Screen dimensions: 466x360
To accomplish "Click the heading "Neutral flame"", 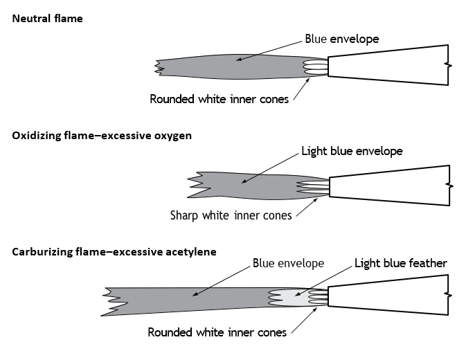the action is [x=47, y=19].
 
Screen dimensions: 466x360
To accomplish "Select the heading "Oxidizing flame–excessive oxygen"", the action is [x=102, y=136].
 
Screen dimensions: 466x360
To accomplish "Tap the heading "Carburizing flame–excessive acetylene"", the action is [x=114, y=252].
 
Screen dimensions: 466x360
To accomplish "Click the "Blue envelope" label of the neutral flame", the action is [x=342, y=39].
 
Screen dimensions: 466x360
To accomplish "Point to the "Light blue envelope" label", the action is [x=352, y=151].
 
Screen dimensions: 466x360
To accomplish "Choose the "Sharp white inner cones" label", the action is [x=231, y=215].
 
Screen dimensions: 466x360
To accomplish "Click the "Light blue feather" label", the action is [x=401, y=263].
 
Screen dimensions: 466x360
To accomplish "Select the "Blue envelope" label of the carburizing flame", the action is [x=288, y=263].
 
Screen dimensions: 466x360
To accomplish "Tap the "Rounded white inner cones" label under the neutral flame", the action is [x=219, y=99].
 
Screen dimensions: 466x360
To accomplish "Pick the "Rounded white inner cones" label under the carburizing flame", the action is [x=217, y=332].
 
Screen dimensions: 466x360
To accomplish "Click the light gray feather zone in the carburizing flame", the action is [x=294, y=298].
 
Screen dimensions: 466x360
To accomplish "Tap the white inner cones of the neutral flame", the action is [x=315, y=67].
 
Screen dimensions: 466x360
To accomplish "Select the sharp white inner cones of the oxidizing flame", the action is [x=313, y=188].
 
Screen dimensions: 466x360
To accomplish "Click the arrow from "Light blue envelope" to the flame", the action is [x=270, y=168].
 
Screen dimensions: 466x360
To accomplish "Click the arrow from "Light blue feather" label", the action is [x=323, y=281].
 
